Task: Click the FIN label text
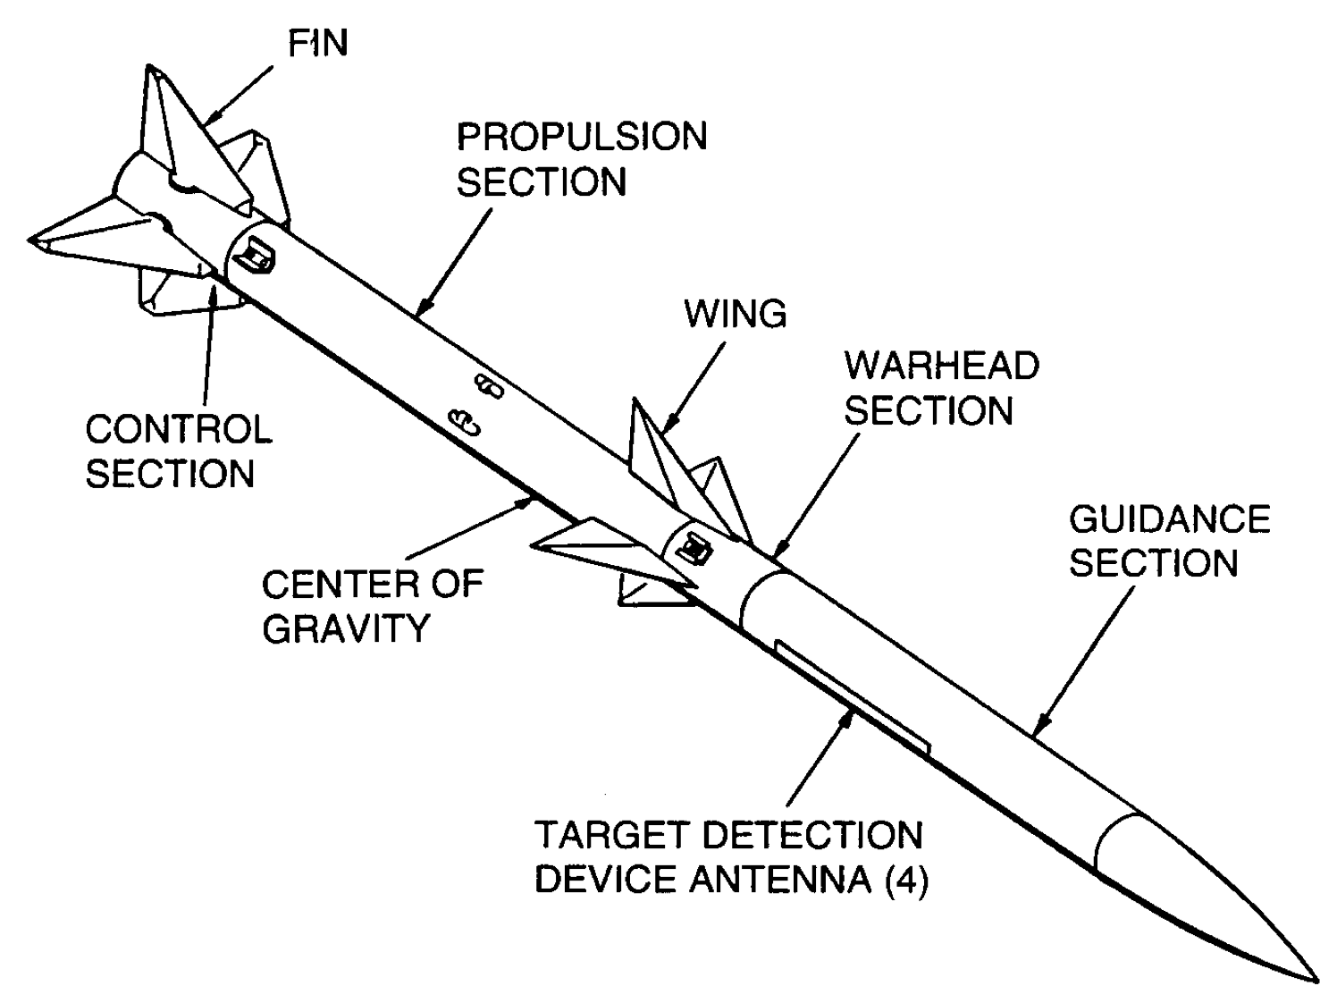(x=318, y=42)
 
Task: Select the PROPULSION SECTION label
(x=581, y=159)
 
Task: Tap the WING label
(x=735, y=314)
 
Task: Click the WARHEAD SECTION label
(x=941, y=388)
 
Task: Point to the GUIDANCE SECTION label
(x=1169, y=541)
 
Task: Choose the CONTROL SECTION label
(x=178, y=451)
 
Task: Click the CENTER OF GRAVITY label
(x=372, y=605)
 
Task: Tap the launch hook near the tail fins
(x=257, y=257)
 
